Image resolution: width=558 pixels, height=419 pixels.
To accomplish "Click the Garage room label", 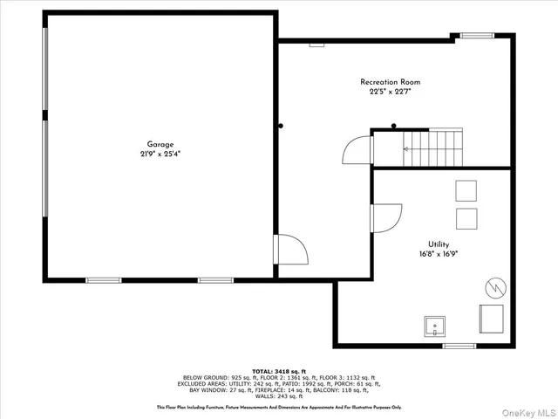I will click(x=160, y=144).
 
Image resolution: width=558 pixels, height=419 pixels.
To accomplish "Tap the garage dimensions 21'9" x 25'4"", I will click(x=160, y=154).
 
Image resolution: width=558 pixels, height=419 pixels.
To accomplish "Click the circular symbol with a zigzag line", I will click(x=493, y=286).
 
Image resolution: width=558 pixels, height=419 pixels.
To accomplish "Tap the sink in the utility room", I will click(x=434, y=326).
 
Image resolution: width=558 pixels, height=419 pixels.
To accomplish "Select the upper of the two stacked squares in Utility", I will click(x=466, y=190).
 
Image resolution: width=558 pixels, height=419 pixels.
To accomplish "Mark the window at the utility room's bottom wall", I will click(x=459, y=346).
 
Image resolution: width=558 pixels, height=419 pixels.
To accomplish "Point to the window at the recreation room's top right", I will click(x=476, y=36).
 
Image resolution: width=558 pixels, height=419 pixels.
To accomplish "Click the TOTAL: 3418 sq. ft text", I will click(x=279, y=371).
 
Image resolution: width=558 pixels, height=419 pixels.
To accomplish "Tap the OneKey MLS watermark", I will click(x=527, y=410).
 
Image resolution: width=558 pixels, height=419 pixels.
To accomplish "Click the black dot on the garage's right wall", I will click(x=281, y=126).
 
